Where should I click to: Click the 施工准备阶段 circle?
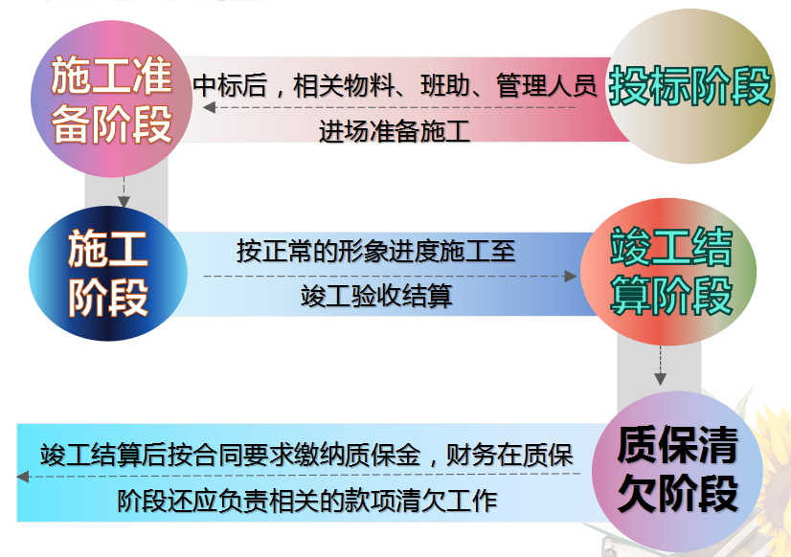[113, 100]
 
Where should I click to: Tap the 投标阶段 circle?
[689, 88]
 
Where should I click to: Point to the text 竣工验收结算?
[376, 297]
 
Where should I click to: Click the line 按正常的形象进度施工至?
[376, 252]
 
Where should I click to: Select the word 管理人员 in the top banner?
[547, 86]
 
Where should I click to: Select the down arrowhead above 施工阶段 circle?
[123, 201]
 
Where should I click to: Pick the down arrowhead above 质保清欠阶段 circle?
[660, 377]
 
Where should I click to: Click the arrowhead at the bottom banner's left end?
[22, 476]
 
